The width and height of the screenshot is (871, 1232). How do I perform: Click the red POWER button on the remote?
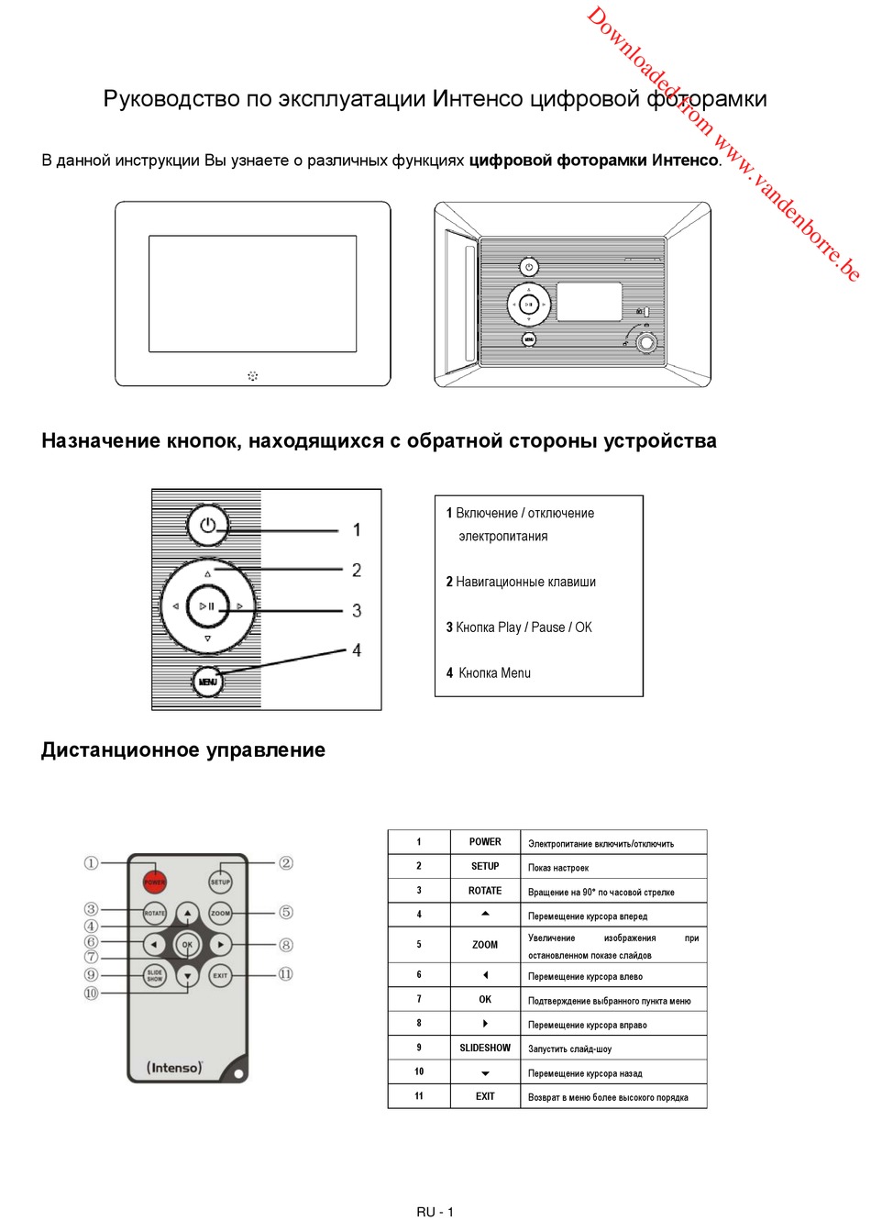click(154, 882)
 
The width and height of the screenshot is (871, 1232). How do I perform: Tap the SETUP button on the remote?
click(220, 882)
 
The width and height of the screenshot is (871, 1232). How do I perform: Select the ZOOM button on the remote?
click(220, 913)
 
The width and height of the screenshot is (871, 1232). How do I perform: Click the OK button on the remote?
click(187, 944)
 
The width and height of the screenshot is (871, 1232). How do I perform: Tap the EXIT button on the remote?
click(220, 975)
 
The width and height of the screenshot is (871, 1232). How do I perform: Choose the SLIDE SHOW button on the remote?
click(154, 975)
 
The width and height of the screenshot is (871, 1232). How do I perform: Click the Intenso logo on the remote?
click(174, 1068)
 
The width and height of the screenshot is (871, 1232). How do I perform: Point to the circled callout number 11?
click(285, 974)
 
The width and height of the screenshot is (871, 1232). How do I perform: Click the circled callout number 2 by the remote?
click(286, 862)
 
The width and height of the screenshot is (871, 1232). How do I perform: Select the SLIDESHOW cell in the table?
click(485, 1048)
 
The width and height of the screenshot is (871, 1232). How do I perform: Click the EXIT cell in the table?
click(485, 1096)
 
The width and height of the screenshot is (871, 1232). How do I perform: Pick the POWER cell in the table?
click(485, 841)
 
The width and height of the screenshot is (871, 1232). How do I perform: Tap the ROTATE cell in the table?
click(485, 890)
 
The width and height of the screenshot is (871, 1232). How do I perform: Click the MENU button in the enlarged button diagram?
click(208, 682)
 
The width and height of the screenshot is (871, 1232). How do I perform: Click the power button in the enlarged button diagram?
click(208, 526)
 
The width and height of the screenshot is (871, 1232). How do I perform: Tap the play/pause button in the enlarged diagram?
click(208, 606)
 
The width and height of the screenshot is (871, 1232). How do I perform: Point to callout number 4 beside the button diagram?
click(357, 650)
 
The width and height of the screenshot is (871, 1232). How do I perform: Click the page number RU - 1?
click(435, 1212)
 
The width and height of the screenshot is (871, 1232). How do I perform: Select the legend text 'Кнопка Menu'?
click(494, 672)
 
